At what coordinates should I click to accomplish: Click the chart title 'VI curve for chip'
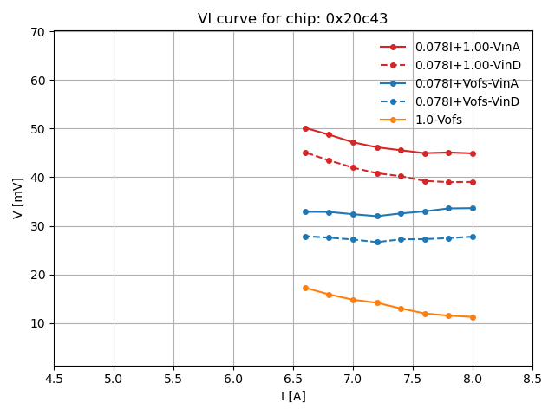point(292,19)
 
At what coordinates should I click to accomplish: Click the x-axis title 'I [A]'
point(293,396)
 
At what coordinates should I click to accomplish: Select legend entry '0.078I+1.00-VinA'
point(467,47)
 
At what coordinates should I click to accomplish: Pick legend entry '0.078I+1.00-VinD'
point(467,65)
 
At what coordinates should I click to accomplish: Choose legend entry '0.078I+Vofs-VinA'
point(467,83)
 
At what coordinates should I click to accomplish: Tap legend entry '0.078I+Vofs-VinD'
point(467,101)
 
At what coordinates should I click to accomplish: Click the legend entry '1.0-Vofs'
point(439,120)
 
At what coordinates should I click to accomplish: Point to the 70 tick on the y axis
point(37,32)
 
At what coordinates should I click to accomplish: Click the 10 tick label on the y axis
point(37,323)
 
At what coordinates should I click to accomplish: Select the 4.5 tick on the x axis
point(54,379)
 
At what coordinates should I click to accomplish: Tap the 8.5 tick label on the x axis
point(532,379)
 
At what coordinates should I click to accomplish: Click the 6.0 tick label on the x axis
point(233,379)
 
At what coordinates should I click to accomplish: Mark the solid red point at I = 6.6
point(305,128)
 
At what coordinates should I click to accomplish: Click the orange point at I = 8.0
point(473,317)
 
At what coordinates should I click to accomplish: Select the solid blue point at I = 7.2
point(377,216)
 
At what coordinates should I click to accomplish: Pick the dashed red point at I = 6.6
point(305,153)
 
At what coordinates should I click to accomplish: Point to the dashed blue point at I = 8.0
point(473,237)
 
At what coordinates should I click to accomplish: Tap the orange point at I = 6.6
point(305,288)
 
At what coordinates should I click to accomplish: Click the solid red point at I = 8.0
point(473,153)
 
